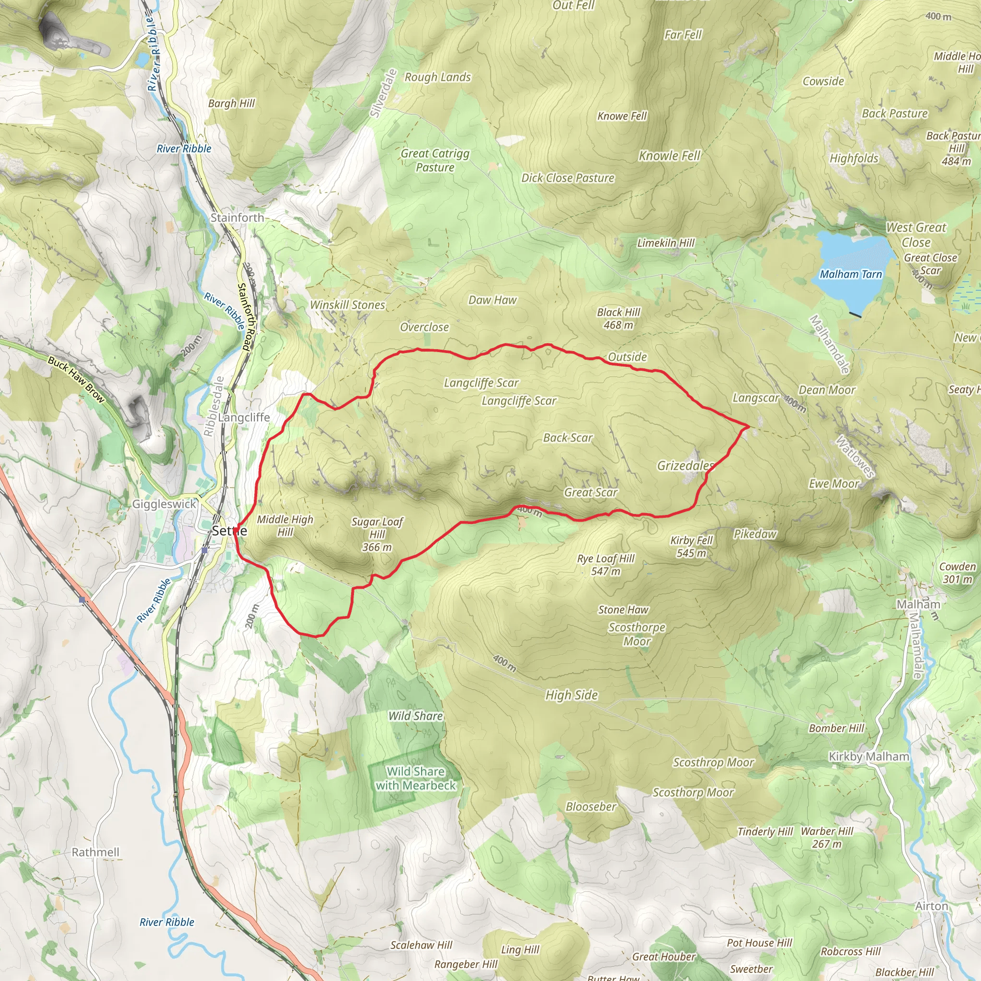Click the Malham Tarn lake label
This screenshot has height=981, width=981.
pos(851,274)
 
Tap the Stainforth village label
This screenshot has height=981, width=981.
pos(237,218)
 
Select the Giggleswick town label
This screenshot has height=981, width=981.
pos(164,504)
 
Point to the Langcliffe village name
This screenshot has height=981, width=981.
pos(244,417)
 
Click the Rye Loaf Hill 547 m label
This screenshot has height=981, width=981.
pos(606,565)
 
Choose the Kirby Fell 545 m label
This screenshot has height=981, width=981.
pos(692,547)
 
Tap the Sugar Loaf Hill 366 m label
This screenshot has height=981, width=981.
pos(377,534)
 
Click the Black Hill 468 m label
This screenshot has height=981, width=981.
pos(618,319)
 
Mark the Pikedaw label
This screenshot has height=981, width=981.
pos(755,534)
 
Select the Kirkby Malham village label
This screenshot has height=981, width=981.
pos(869,756)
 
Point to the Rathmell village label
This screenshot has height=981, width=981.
pos(95,852)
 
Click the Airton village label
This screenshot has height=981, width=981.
pos(932,906)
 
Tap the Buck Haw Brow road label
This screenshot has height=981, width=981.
pos(76,380)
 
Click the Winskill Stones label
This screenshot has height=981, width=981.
pos(348,305)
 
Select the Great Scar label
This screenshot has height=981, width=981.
pos(591,492)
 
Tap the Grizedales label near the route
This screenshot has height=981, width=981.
pos(685,466)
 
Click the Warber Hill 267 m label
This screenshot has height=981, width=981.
pos(827,838)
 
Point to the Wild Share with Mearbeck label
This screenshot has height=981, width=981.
pos(415,778)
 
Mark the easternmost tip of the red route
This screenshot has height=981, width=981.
pos(749,426)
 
